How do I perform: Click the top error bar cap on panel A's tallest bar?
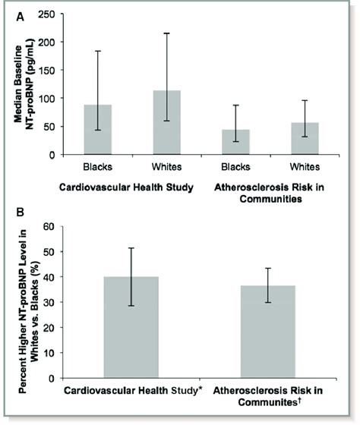tap(167, 33)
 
